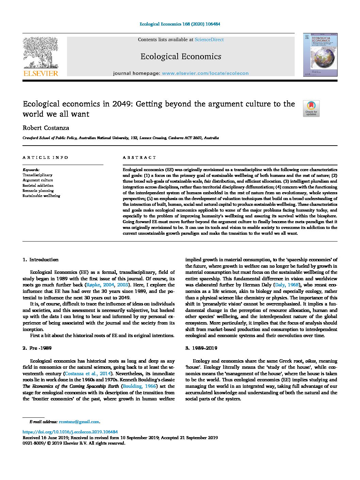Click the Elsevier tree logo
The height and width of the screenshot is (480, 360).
click(x=40, y=53)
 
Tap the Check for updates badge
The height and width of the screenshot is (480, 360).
click(x=311, y=109)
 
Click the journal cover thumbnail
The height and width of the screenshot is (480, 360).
click(x=320, y=55)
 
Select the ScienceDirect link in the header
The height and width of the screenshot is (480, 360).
click(x=209, y=40)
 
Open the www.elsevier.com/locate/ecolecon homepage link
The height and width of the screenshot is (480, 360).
click(x=205, y=73)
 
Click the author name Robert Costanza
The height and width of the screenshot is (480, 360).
click(x=46, y=128)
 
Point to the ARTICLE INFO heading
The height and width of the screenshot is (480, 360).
click(x=46, y=158)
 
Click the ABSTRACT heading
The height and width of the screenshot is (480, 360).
click(x=139, y=158)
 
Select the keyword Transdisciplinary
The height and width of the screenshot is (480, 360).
click(x=37, y=175)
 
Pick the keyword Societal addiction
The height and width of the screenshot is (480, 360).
click(x=38, y=185)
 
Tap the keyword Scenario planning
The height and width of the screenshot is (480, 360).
click(x=38, y=191)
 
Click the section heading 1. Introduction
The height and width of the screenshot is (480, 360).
click(x=40, y=260)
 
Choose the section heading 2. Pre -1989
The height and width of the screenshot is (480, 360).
click(x=37, y=348)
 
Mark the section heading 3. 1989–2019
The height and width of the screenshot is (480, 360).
click(x=201, y=348)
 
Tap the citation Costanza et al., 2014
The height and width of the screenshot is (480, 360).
click(x=88, y=374)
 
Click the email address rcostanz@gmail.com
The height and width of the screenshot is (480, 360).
click(x=79, y=422)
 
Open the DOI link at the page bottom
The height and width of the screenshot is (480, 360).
click(x=70, y=432)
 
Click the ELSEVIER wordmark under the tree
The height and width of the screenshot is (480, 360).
click(x=40, y=73)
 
